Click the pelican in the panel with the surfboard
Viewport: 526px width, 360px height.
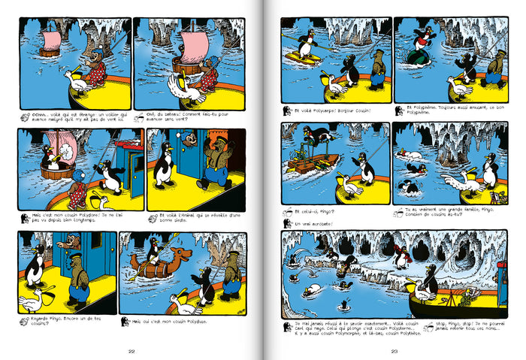point(335,84)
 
